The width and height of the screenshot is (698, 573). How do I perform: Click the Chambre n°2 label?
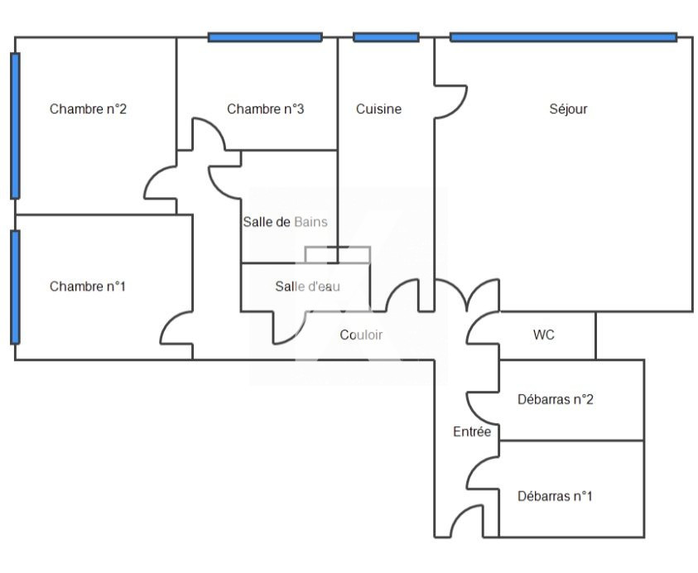point(88,108)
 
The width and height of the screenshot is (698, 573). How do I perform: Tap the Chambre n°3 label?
point(265,108)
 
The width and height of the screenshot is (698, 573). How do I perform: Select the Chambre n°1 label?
point(88,286)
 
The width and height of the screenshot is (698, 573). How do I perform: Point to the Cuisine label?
point(378,108)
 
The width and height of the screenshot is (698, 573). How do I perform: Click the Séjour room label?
point(568,108)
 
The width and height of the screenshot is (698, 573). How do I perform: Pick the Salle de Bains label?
point(285,222)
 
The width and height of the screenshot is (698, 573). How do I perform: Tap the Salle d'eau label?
point(308,286)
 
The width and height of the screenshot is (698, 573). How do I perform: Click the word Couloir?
point(361,335)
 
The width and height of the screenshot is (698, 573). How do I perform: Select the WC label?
point(544,335)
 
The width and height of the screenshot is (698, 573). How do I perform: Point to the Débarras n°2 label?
point(555,400)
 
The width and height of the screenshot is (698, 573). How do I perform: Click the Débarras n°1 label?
point(555,497)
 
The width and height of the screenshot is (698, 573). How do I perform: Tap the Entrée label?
point(472,432)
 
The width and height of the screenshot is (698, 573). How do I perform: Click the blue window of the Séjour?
point(563,37)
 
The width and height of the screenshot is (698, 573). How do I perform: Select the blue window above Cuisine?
point(386,37)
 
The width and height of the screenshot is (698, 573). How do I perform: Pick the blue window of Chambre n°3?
point(265,37)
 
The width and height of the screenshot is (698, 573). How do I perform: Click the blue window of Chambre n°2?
point(15,126)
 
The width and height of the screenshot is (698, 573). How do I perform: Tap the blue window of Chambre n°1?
point(15,287)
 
